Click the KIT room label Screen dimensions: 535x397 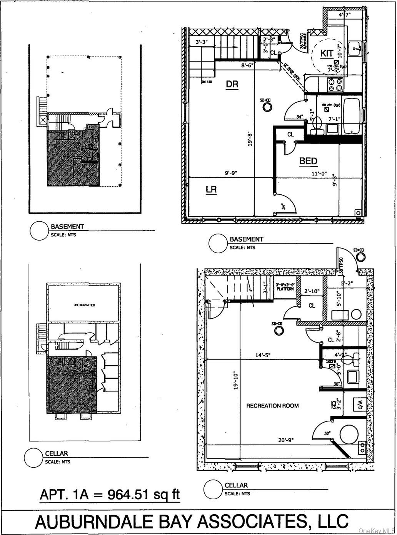tap(327, 53)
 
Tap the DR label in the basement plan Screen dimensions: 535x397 tap(232, 84)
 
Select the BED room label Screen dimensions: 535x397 tap(308, 161)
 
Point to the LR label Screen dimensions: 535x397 tap(211, 189)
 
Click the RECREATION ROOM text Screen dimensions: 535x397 tap(272, 406)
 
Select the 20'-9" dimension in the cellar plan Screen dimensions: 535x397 tap(285, 440)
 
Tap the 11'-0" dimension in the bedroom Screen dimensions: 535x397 tap(319, 174)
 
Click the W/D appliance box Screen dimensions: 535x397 tap(360, 405)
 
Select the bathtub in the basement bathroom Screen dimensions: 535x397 tap(352, 116)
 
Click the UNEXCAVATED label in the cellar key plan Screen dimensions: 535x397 tap(84, 305)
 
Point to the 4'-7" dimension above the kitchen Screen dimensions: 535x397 tap(344, 15)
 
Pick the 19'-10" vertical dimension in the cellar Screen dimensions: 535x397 tap(236, 380)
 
